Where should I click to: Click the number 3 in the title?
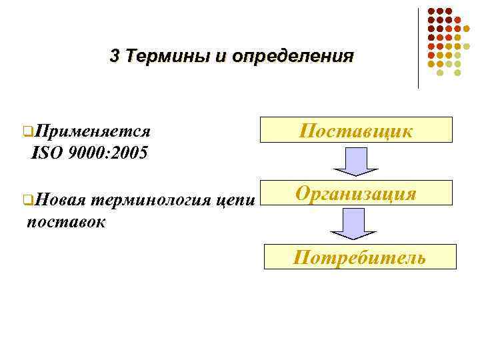point(115,56)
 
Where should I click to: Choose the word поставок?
point(65,221)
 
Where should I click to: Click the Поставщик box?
point(356,130)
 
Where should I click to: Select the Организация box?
point(356,194)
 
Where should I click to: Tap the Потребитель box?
point(360,257)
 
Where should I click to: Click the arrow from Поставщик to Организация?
point(354,161)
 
